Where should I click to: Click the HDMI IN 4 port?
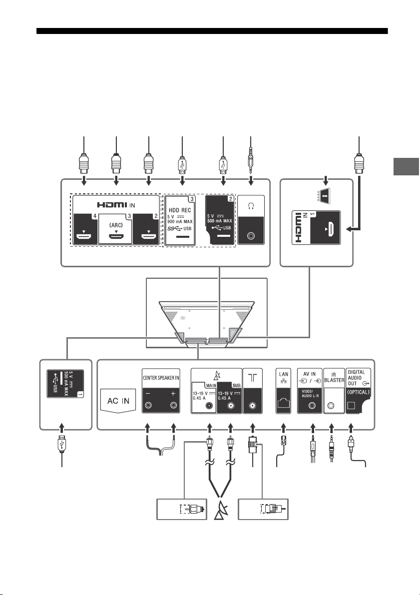coord(84,237)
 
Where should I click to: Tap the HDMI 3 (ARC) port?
coord(116,237)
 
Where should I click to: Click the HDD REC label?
coord(180,210)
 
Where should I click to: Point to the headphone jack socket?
coord(251,236)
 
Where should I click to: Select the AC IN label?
coord(118,401)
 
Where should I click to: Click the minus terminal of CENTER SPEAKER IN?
coord(147,406)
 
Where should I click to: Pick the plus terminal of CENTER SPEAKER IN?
coord(173,406)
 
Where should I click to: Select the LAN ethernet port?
coord(284,404)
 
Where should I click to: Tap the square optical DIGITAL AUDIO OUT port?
coord(351,406)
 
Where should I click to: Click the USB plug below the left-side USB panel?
coord(62,445)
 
